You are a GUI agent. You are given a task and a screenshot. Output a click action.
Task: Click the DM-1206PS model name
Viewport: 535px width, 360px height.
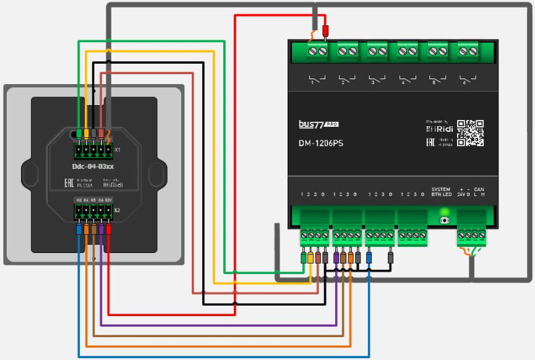point(321,143)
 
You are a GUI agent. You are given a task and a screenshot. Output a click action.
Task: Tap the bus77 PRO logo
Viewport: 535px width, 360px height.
point(319,124)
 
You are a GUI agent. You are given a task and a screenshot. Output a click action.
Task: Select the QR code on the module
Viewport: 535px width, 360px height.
point(470,132)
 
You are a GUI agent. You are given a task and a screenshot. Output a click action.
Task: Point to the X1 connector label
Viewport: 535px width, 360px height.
point(117,150)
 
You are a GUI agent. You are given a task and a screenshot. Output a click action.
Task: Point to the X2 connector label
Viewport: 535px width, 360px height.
point(117,210)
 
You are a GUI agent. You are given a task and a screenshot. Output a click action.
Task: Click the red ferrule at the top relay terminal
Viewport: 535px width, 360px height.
point(326,30)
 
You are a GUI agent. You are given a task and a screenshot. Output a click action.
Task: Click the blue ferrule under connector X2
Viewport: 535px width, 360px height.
point(79,229)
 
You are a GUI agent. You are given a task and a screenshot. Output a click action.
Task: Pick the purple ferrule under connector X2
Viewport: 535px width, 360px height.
point(101,229)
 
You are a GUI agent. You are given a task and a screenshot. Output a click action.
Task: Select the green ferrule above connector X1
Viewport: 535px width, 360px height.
point(79,134)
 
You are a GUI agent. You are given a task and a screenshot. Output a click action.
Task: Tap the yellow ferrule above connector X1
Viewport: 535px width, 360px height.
point(87,134)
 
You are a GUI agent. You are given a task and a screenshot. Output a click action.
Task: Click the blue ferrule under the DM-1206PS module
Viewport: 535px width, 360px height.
point(369,257)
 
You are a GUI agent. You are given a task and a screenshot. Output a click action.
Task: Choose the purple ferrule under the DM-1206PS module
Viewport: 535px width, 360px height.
point(336,257)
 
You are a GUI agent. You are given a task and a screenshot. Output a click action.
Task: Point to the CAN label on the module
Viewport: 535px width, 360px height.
point(479,189)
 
